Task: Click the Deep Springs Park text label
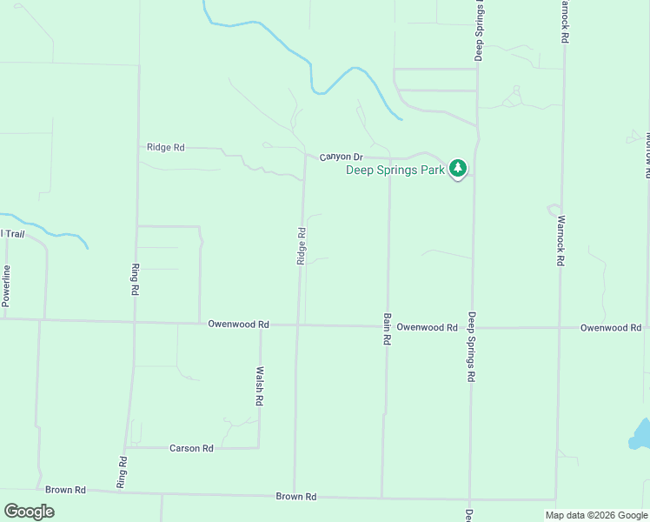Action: tap(395, 170)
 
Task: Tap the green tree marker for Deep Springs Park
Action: tap(458, 169)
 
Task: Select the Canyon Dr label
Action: tap(340, 157)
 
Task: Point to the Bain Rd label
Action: tap(386, 331)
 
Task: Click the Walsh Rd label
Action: tap(259, 386)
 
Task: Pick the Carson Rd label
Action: tap(191, 448)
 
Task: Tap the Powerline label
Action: tap(5, 285)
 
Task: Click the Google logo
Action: tap(29, 512)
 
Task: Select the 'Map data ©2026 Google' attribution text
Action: tap(596, 515)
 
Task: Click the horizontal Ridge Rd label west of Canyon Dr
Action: tap(166, 147)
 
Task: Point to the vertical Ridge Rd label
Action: tap(302, 246)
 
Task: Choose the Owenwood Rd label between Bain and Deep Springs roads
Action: tap(427, 327)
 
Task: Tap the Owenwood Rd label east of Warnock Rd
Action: tap(610, 327)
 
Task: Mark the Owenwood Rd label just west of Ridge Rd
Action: tap(238, 324)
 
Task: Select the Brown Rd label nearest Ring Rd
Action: tap(66, 490)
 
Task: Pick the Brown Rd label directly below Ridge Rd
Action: tap(295, 496)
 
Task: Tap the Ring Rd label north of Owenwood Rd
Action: tap(136, 280)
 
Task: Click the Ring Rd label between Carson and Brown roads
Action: tap(123, 471)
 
